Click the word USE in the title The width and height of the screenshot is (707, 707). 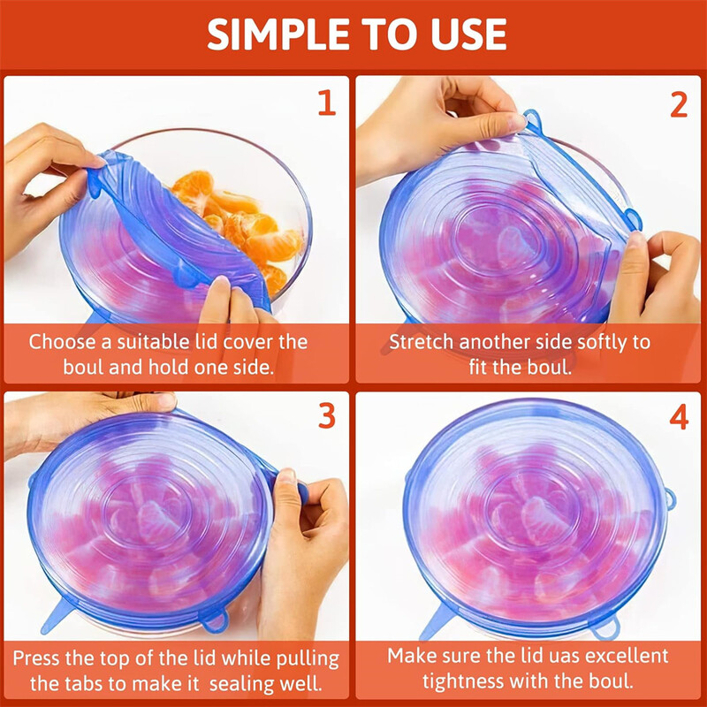(x=469, y=34)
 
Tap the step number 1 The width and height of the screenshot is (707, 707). (x=327, y=103)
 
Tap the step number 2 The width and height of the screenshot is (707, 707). (x=678, y=103)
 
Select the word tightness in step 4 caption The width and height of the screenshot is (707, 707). (x=463, y=682)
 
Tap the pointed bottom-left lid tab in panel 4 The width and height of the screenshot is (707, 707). (x=433, y=627)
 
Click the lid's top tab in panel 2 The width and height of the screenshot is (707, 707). (x=531, y=117)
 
